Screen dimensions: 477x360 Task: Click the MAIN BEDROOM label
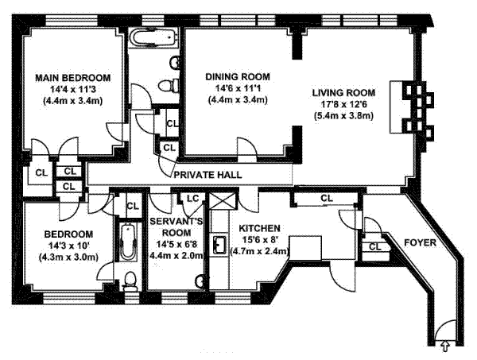pos(72,77)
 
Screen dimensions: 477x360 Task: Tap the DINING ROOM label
pos(238,76)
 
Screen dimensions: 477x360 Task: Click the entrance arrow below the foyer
pos(444,346)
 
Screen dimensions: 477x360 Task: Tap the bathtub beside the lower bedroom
pos(127,242)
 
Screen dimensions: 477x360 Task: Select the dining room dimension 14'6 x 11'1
pos(238,88)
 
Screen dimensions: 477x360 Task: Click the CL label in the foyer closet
pos(375,246)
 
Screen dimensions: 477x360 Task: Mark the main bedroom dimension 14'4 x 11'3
pos(72,90)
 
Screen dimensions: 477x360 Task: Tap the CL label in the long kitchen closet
pos(326,198)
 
